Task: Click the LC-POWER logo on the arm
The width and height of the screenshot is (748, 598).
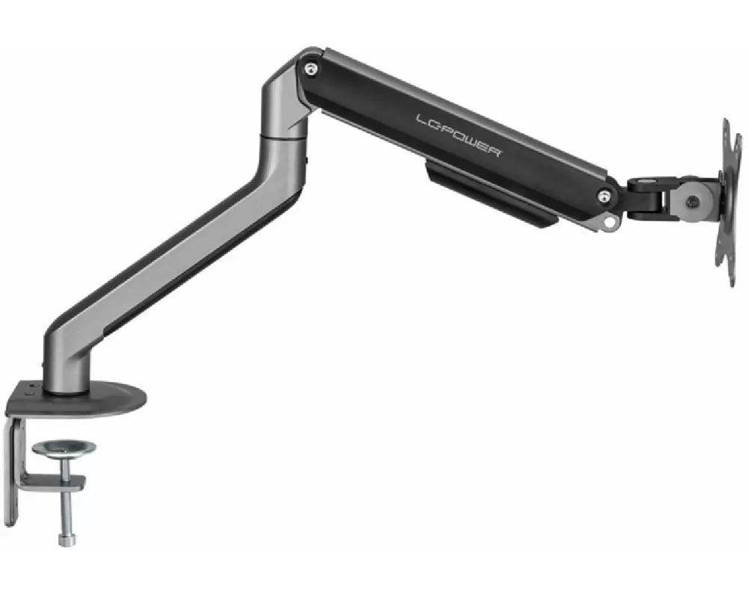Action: click(459, 135)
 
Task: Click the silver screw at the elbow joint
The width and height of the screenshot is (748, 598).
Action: click(311, 70)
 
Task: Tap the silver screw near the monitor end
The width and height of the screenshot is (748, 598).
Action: click(604, 196)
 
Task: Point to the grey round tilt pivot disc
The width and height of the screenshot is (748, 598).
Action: click(693, 202)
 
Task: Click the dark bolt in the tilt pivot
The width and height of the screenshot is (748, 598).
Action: click(693, 202)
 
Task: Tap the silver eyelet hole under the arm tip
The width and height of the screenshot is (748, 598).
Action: click(609, 221)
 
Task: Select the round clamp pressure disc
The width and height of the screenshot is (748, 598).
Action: click(64, 449)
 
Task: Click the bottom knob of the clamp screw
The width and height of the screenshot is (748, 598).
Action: click(67, 540)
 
